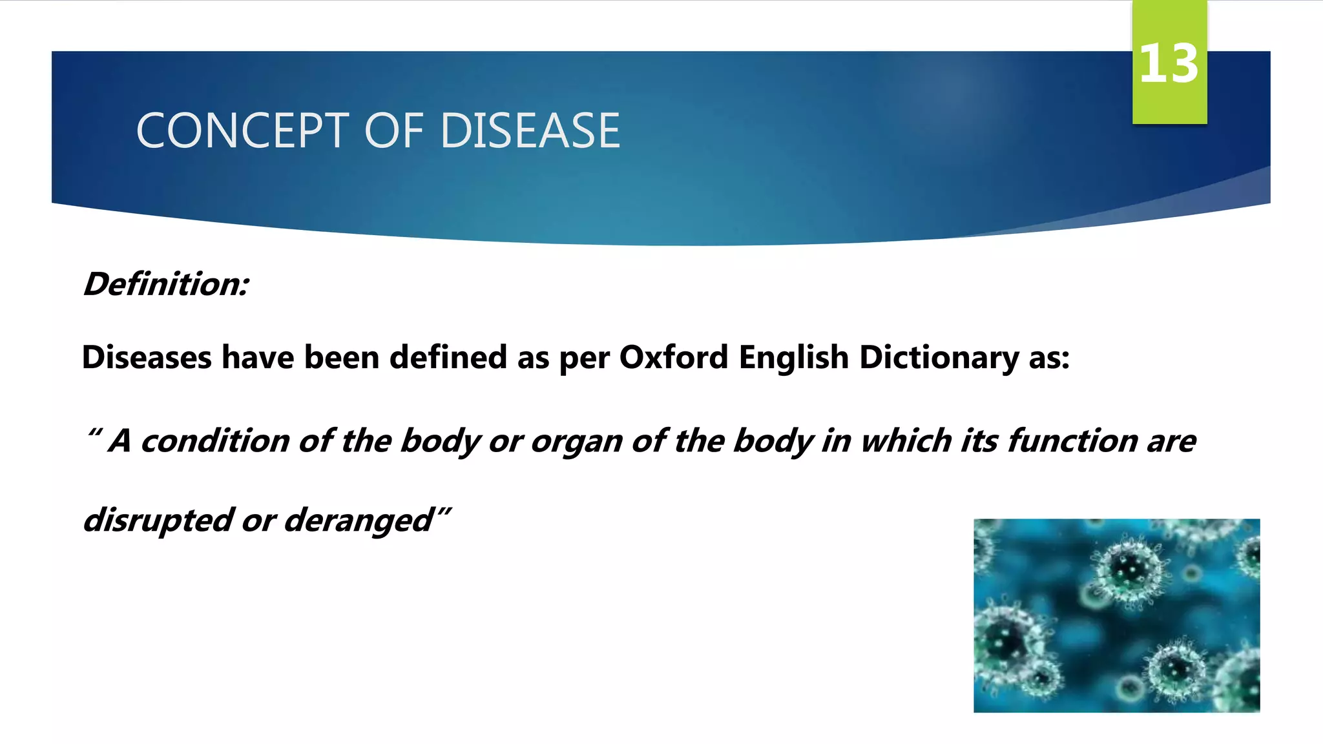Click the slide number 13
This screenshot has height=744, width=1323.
click(1169, 63)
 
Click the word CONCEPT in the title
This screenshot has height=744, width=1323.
click(243, 131)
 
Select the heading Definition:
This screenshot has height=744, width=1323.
click(166, 284)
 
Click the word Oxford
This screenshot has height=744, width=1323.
click(674, 357)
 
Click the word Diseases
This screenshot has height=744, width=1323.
click(147, 357)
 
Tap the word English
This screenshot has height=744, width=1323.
click(793, 357)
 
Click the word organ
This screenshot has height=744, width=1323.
click(576, 442)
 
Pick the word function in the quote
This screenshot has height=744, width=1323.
click(1072, 441)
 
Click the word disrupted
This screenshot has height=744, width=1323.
click(158, 521)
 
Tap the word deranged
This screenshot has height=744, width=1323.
click(359, 521)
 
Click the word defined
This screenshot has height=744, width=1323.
click(448, 357)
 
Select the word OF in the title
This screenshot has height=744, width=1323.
click(393, 131)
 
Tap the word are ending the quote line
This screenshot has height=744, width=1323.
click(1171, 442)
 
